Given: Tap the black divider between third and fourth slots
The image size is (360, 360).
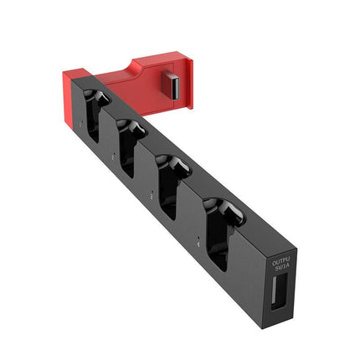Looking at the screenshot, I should coord(194,191).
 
